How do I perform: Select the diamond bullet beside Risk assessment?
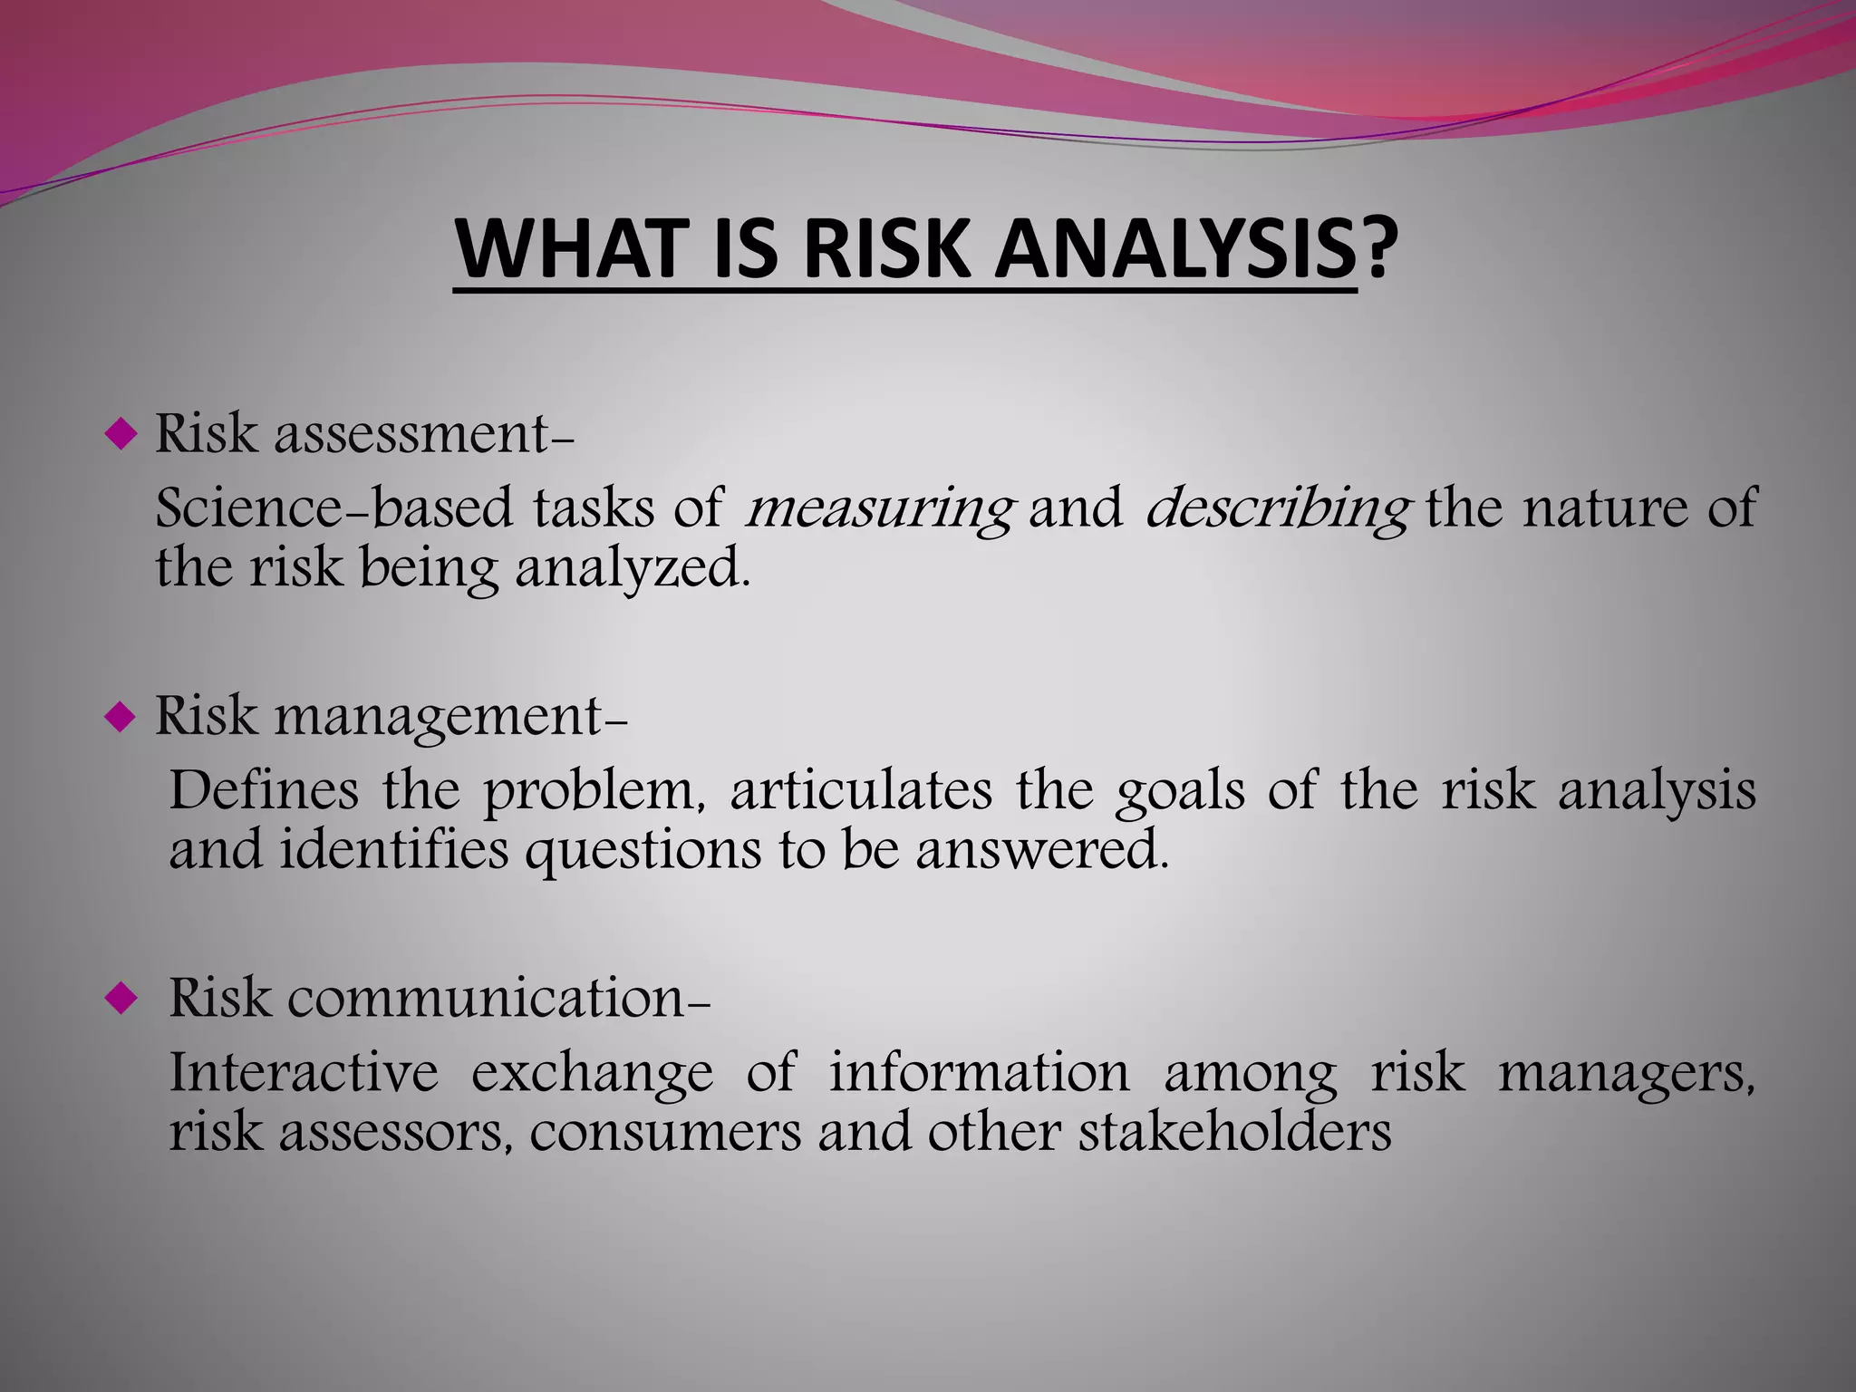(120, 436)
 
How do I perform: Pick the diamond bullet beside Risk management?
(120, 719)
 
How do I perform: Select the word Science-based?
(333, 507)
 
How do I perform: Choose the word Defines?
(264, 789)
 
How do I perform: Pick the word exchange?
(592, 1074)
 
